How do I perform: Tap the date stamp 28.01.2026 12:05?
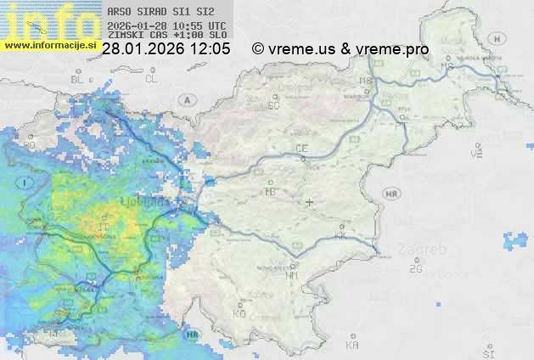(166, 49)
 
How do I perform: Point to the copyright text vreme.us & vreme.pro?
(340, 49)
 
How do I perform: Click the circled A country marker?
(185, 99)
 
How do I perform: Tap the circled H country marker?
(499, 38)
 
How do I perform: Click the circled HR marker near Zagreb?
(391, 194)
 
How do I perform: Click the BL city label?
(79, 79)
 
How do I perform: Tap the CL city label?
(151, 79)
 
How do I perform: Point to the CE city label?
(301, 149)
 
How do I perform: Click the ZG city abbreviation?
(415, 269)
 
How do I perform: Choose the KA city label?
(352, 345)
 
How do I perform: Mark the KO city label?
(239, 314)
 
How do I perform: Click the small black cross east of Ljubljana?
(309, 202)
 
